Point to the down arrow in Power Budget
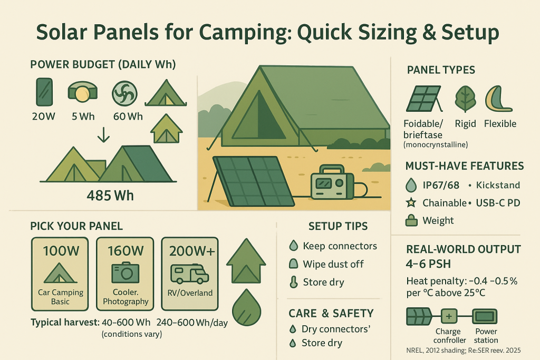click(104, 135)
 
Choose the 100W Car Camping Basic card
click(61, 274)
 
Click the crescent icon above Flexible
click(498, 99)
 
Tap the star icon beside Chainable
click(412, 202)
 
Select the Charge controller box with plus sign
click(449, 317)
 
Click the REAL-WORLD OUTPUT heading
click(464, 249)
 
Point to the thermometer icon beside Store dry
click(293, 282)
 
